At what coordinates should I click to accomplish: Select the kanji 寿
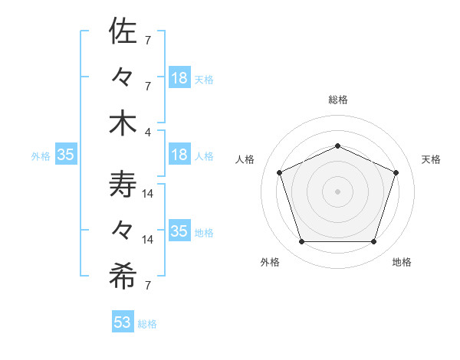123,185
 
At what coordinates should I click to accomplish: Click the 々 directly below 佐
123,77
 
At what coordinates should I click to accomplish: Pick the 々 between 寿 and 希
123,231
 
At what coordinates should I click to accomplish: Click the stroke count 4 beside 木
147,132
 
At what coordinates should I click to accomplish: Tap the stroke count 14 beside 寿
148,195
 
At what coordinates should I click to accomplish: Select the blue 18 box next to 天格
179,77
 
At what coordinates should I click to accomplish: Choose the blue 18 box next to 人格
179,155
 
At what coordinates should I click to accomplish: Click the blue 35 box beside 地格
179,231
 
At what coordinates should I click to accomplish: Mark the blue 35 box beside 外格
65,155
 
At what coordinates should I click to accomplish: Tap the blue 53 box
123,322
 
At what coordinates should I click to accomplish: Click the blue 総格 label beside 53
147,324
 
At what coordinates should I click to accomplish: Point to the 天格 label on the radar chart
432,159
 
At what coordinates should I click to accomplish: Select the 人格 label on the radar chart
245,159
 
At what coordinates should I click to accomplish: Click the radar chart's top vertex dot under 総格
337,146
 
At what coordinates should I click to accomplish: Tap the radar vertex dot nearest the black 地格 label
373,242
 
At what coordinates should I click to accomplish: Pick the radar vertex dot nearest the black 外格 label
301,242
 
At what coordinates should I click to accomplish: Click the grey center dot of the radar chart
337,191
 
